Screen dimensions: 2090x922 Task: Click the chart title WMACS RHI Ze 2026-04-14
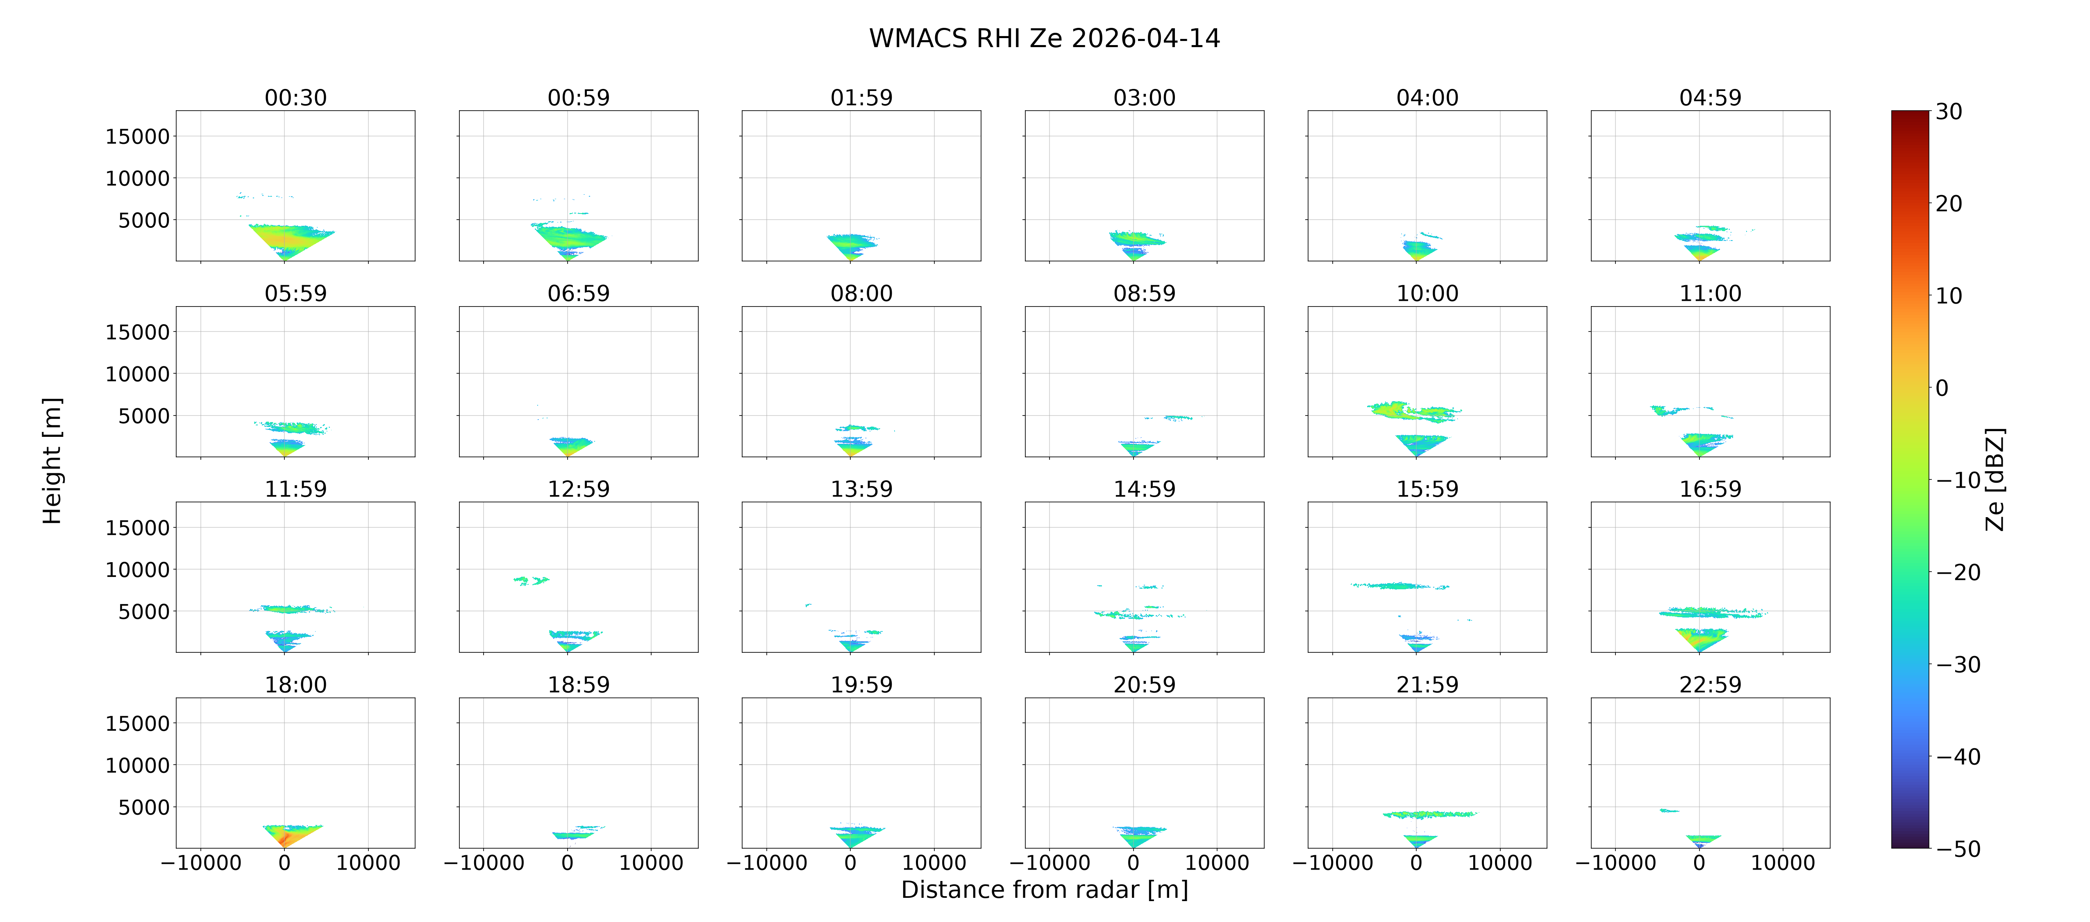[x=1044, y=38]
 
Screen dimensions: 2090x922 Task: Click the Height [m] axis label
[x=52, y=461]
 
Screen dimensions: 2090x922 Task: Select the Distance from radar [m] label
[x=1044, y=890]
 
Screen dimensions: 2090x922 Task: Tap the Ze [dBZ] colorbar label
[x=1994, y=479]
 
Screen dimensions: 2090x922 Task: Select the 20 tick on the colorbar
[x=1949, y=204]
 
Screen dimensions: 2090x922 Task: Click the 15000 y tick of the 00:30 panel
[x=137, y=136]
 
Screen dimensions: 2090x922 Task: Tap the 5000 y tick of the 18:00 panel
[x=143, y=808]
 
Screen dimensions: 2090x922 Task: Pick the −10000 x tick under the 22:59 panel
[x=1615, y=863]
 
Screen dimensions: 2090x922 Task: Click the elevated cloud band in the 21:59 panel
[x=1429, y=814]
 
